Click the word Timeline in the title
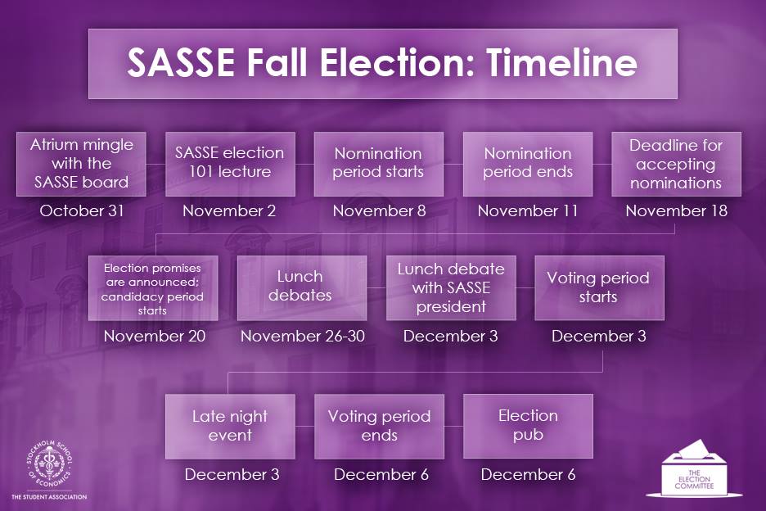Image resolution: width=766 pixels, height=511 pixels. point(561,62)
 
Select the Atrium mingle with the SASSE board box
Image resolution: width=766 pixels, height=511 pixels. point(81,164)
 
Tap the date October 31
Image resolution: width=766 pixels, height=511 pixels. point(82,210)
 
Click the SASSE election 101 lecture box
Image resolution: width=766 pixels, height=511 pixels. point(230,164)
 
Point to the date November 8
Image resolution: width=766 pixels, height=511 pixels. point(379,210)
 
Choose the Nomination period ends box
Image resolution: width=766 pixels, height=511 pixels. point(528,164)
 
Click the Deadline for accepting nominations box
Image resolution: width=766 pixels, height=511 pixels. point(676,164)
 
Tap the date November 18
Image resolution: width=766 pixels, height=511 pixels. point(676,210)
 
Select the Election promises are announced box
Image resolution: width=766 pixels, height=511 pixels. point(153,288)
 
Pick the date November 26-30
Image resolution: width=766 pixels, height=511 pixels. point(303,336)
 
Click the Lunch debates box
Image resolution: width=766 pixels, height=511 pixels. point(302,288)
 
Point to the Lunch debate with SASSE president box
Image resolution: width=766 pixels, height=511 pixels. point(451,288)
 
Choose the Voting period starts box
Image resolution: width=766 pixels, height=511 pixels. point(599,288)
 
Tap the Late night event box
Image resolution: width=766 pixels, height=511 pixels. point(230,427)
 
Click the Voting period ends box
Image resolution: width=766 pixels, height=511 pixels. point(379,427)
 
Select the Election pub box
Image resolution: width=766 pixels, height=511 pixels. point(528,427)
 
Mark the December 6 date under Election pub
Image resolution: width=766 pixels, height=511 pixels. point(528,474)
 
